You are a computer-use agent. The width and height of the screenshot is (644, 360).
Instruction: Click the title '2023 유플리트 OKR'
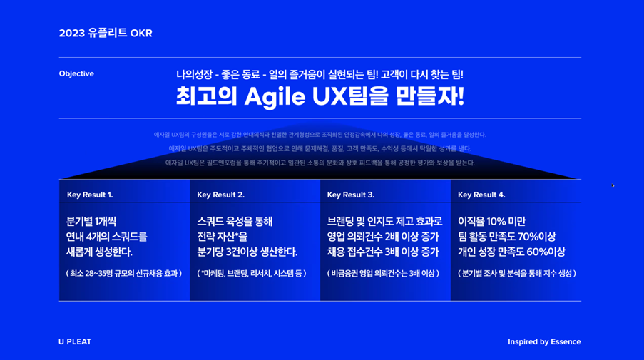click(106, 34)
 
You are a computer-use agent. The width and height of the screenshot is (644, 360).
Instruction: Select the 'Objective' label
click(76, 74)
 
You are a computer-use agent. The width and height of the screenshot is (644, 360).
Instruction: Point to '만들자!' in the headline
click(434, 96)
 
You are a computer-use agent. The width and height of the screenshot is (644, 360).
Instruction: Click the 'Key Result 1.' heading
click(90, 195)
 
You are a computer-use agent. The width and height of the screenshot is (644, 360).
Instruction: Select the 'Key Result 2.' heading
click(220, 195)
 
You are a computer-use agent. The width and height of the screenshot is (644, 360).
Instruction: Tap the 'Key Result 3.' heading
click(351, 195)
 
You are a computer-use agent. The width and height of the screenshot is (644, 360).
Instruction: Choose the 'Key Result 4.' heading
click(481, 195)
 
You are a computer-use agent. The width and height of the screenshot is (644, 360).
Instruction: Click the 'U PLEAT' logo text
click(75, 341)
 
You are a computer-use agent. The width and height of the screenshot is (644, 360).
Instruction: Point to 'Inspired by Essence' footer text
click(544, 341)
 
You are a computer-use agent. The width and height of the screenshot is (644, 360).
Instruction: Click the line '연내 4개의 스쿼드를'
click(106, 237)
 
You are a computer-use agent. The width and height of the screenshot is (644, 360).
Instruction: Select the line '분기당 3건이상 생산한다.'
click(247, 252)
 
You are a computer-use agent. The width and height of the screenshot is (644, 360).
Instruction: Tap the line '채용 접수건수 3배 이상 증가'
click(383, 252)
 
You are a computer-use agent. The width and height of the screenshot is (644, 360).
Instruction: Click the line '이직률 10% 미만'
click(491, 222)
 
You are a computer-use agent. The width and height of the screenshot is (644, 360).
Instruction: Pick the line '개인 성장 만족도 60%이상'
click(511, 252)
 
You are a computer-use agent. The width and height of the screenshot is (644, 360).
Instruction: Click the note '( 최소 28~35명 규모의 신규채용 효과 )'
click(123, 273)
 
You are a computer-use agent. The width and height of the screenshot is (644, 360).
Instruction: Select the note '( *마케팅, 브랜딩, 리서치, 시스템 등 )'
click(251, 273)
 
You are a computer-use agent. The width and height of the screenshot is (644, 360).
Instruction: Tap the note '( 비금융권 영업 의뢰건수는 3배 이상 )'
click(383, 273)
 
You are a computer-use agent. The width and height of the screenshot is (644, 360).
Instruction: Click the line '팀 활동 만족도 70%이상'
click(506, 237)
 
